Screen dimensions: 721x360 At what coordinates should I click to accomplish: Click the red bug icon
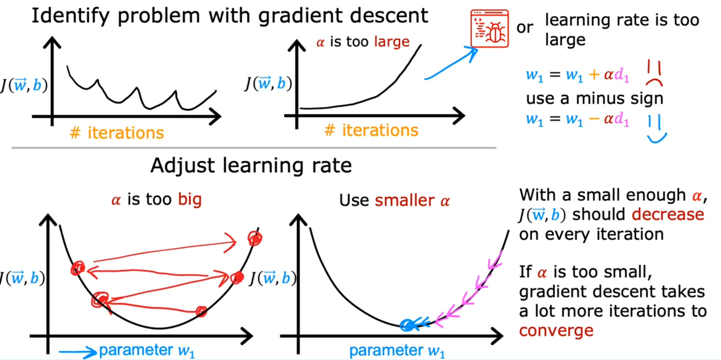coord(489,29)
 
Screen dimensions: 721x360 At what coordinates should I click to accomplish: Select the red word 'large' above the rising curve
coord(392,42)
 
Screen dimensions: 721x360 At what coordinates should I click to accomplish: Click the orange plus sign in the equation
coord(594,74)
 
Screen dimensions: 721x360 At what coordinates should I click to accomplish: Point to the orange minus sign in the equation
coord(594,119)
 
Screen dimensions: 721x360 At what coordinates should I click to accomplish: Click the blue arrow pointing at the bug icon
coord(451,63)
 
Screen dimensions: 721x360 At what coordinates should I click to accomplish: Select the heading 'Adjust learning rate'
coord(251,165)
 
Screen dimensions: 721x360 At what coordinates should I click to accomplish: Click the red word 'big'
coord(190,199)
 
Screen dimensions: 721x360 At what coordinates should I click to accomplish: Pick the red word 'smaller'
coord(405,200)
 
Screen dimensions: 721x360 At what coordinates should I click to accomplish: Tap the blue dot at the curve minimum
coord(407,325)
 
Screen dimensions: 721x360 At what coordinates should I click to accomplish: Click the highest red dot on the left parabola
coord(255,238)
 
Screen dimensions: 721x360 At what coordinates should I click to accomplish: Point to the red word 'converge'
coord(556,331)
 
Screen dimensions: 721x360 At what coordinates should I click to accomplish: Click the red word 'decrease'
coord(668,215)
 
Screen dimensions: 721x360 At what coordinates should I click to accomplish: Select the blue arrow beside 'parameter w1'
coord(78,352)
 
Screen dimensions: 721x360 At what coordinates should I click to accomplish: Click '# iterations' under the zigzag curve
coord(117,133)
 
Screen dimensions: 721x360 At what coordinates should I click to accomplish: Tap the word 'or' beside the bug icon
coord(525,28)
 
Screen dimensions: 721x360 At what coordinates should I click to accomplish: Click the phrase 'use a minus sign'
coord(595,99)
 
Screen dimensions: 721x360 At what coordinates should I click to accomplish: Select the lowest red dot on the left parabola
coord(201,311)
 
